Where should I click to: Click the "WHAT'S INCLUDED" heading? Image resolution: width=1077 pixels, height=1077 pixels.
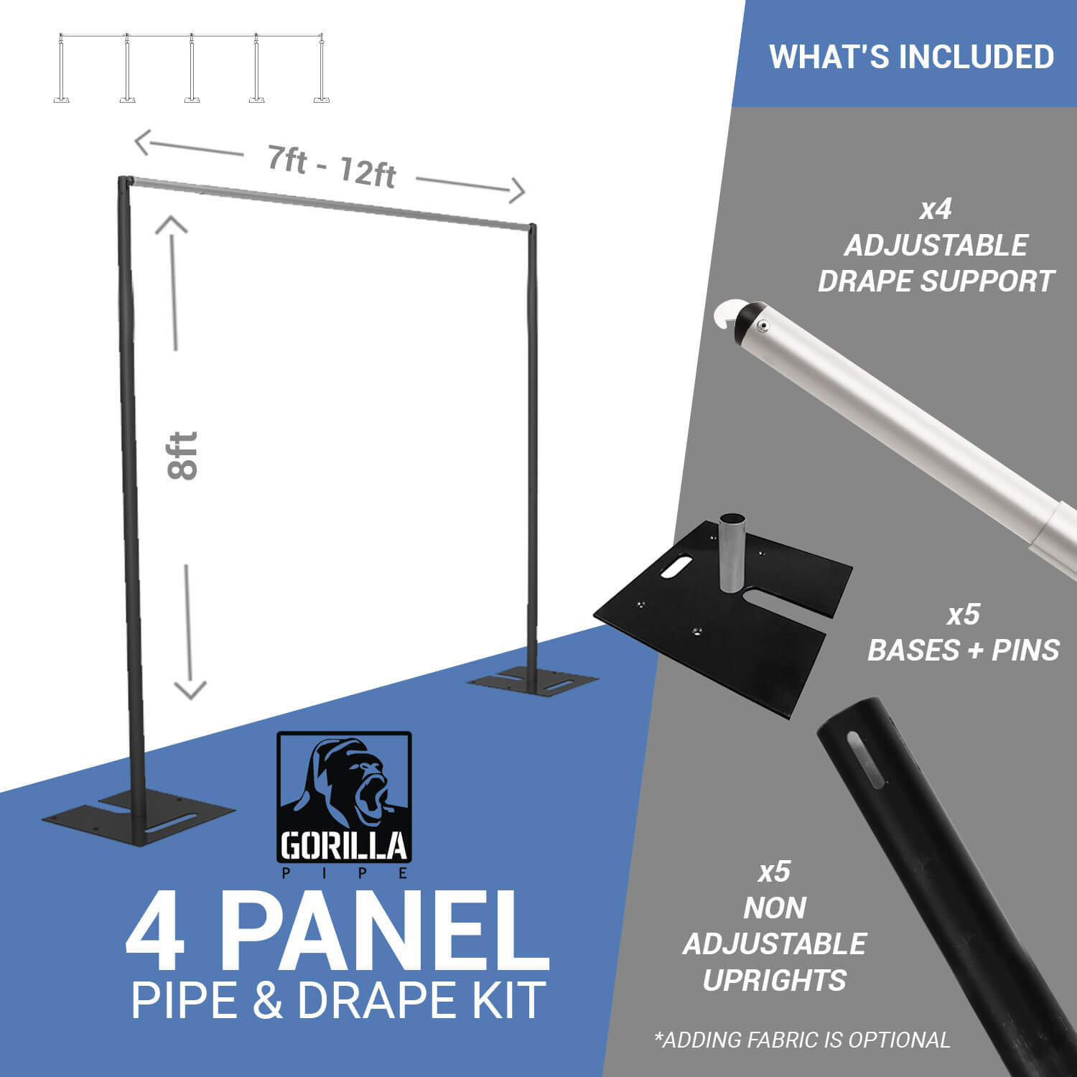(911, 57)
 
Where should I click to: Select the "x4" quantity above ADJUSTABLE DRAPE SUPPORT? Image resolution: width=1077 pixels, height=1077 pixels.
(936, 210)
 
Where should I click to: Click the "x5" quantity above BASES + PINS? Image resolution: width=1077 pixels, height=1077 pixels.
(963, 615)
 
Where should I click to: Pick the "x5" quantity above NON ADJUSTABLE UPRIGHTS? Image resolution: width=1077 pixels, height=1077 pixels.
(774, 872)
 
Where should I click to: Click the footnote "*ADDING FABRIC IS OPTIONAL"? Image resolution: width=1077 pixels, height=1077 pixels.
(802, 1040)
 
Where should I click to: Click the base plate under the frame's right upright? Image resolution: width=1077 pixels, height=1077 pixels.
(532, 682)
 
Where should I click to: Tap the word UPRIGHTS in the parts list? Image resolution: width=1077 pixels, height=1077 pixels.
(774, 980)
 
